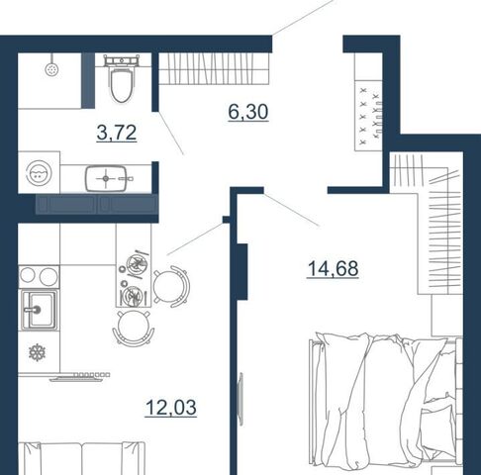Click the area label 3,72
pos(117,133)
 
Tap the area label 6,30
pos(248,112)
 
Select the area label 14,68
pos(333,268)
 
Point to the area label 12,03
pos(171,408)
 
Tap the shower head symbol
pos(51,69)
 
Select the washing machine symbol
pos(39,172)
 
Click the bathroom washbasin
pos(106,178)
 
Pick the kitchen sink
pos(39,310)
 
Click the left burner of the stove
pos(28,275)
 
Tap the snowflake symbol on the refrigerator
pos(37,352)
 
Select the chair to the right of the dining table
pos(171,287)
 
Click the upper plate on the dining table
pos(137,264)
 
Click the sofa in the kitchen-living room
pos(82,458)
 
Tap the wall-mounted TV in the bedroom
pos(240,399)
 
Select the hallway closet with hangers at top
pos(214,68)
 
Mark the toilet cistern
pos(121,60)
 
